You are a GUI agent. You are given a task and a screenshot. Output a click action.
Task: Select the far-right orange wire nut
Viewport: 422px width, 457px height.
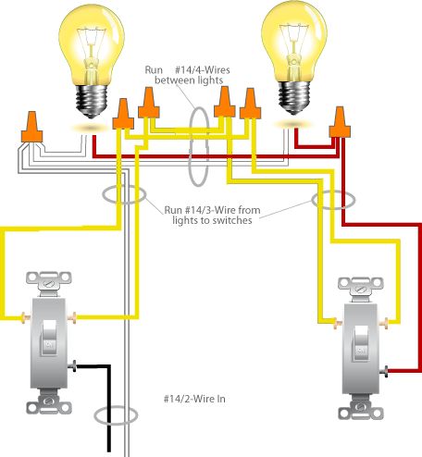tap(341, 120)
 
